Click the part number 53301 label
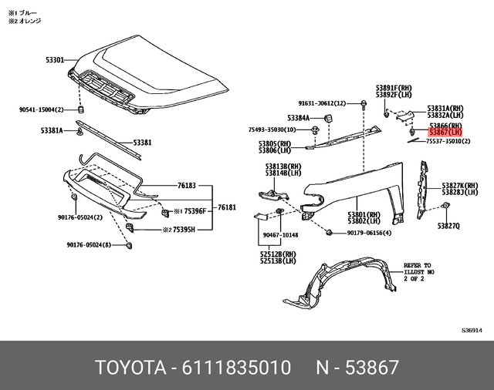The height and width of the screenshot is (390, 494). click(x=52, y=58)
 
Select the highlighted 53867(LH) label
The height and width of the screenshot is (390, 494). click(x=445, y=133)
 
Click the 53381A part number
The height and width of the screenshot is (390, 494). click(x=52, y=130)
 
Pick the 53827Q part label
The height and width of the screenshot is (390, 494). click(x=448, y=226)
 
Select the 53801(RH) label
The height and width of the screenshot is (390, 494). click(x=364, y=214)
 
